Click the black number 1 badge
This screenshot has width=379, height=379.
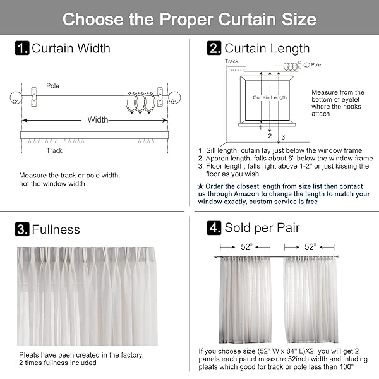click(22, 48)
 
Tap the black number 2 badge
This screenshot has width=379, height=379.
click(214, 48)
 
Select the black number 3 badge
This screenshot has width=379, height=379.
click(22, 229)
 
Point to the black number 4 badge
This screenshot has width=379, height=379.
click(214, 227)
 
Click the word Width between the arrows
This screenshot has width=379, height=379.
click(98, 119)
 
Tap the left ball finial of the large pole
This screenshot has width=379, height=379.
click(16, 98)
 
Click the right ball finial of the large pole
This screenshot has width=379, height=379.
click(174, 98)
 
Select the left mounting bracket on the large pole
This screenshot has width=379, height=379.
click(34, 97)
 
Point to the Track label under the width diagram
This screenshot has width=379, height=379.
click(54, 150)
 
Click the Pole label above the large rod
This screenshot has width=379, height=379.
click(52, 86)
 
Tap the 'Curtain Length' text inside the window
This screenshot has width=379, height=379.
click(270, 97)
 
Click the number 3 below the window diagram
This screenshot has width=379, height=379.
click(283, 137)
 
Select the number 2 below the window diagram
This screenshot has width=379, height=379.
click(270, 136)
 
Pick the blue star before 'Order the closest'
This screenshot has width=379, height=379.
click(200, 186)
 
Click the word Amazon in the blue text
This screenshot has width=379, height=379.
click(246, 194)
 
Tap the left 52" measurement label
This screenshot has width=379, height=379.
click(246, 246)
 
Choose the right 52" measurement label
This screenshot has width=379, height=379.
click(310, 246)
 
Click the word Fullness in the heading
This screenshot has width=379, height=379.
click(56, 229)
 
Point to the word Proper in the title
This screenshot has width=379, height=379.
click(186, 19)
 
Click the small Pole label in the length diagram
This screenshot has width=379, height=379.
click(316, 64)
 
